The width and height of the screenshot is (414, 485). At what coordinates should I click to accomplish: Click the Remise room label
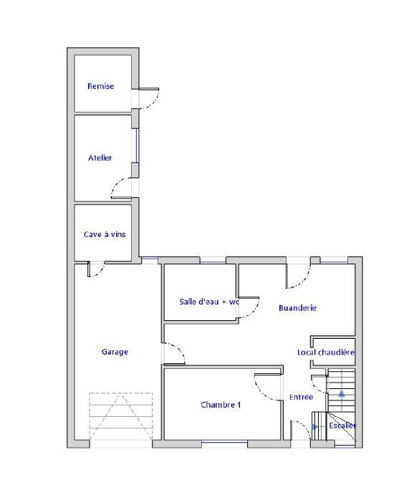tap(100, 86)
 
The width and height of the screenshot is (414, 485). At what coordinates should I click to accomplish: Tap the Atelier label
tap(100, 158)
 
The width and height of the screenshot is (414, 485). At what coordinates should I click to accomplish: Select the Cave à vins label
tap(105, 234)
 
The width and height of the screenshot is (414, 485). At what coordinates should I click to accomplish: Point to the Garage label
tap(115, 352)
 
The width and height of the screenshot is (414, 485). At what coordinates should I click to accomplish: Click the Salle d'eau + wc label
tap(209, 302)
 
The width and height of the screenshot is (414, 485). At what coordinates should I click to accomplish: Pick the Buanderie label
tap(297, 308)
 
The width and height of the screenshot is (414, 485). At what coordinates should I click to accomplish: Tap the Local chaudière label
tap(326, 352)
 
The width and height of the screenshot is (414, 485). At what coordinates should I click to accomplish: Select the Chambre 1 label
tap(221, 405)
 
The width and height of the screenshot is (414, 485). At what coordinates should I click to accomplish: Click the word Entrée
tap(301, 397)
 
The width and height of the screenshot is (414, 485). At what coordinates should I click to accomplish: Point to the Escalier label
tap(342, 426)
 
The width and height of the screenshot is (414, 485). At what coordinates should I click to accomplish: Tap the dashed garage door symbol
tap(121, 416)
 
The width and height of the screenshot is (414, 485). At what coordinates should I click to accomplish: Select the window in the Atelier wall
tap(138, 145)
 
